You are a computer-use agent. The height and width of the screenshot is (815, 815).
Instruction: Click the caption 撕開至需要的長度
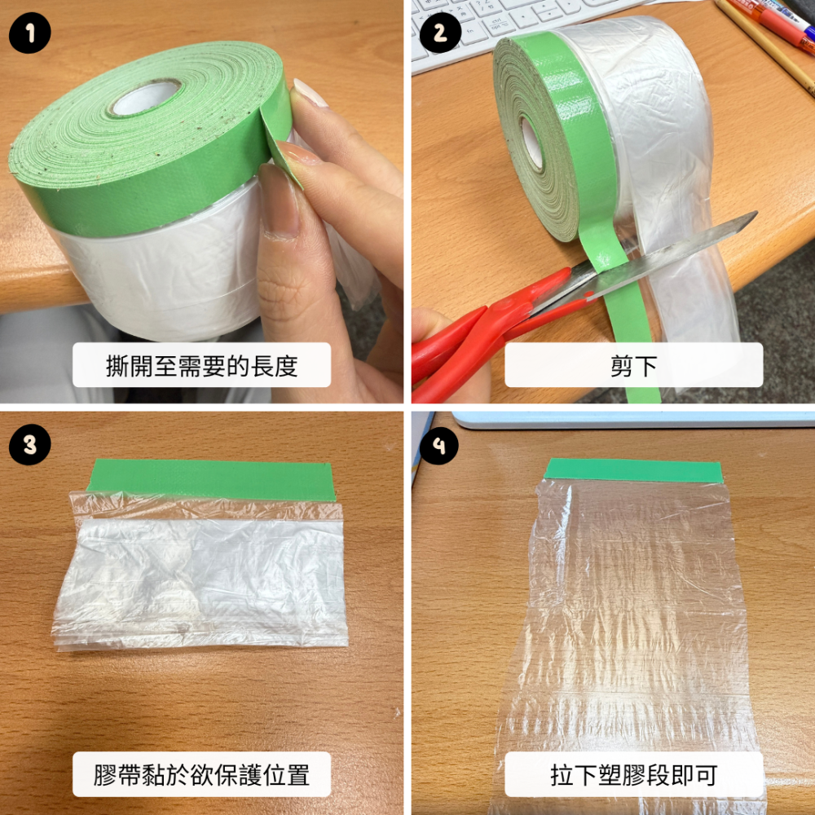pos(201,365)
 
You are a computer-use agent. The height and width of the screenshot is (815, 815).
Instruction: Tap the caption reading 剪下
pos(633,365)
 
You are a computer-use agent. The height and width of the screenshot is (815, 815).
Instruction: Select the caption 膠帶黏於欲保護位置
pos(201,773)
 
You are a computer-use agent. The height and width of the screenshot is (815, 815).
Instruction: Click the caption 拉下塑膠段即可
pos(633,773)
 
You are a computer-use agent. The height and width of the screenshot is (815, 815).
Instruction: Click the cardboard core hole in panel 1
pos(145,96)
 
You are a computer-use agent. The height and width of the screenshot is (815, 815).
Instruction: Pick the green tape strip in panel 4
pos(634,470)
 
